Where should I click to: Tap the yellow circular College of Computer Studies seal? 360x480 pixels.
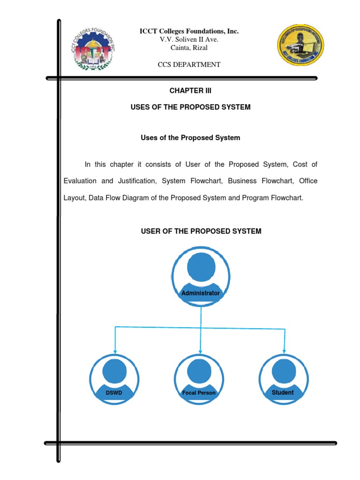click(300, 45)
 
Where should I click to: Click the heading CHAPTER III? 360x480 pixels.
click(190, 90)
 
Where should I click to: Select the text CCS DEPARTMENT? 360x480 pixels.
click(189, 65)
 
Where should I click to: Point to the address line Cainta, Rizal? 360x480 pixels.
click(189, 48)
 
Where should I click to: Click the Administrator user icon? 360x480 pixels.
click(201, 277)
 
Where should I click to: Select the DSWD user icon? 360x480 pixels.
click(114, 379)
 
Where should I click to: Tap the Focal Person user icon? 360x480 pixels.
click(199, 379)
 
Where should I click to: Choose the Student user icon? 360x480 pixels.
click(284, 379)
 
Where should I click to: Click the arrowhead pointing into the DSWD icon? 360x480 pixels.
click(115, 352)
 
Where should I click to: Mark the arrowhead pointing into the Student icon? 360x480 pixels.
click(285, 352)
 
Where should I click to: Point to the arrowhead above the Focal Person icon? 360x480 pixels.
click(200, 352)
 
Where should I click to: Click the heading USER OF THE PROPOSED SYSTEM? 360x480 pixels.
click(201, 231)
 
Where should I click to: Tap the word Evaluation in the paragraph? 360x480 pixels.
click(80, 181)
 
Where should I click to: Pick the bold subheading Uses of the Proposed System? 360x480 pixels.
click(190, 138)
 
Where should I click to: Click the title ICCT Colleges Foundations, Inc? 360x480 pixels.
click(189, 31)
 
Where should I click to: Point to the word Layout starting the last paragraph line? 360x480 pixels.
click(75, 198)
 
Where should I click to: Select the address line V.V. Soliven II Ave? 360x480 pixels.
click(189, 39)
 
